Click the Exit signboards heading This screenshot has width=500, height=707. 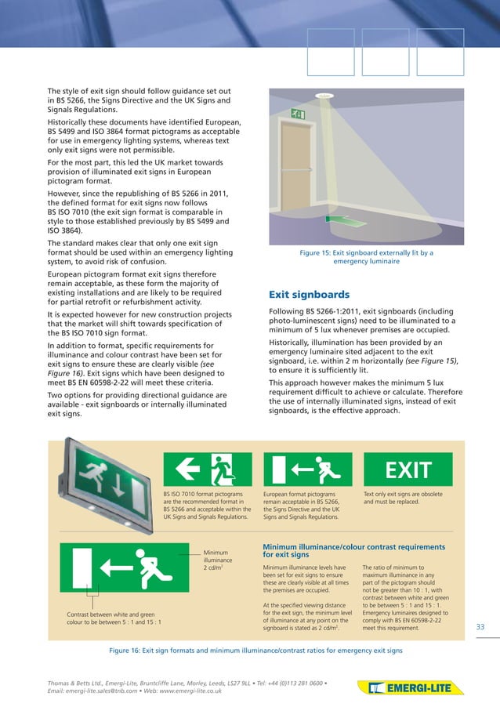coord(309,295)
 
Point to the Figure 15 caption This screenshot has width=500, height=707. coord(366,257)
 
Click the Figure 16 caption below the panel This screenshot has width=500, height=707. coord(255,651)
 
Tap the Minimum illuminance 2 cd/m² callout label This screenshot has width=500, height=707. coord(218,560)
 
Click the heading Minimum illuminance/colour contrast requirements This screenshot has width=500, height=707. coord(353,551)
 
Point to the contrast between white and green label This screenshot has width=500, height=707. coord(114,618)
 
